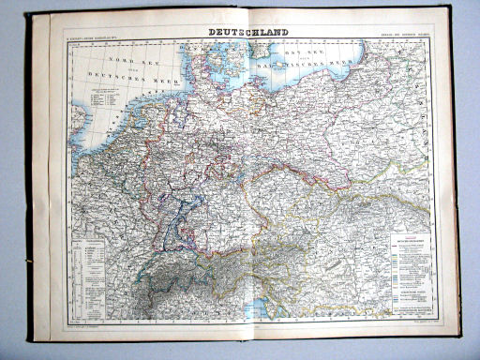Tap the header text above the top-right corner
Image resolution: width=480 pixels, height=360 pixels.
point(402,36)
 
